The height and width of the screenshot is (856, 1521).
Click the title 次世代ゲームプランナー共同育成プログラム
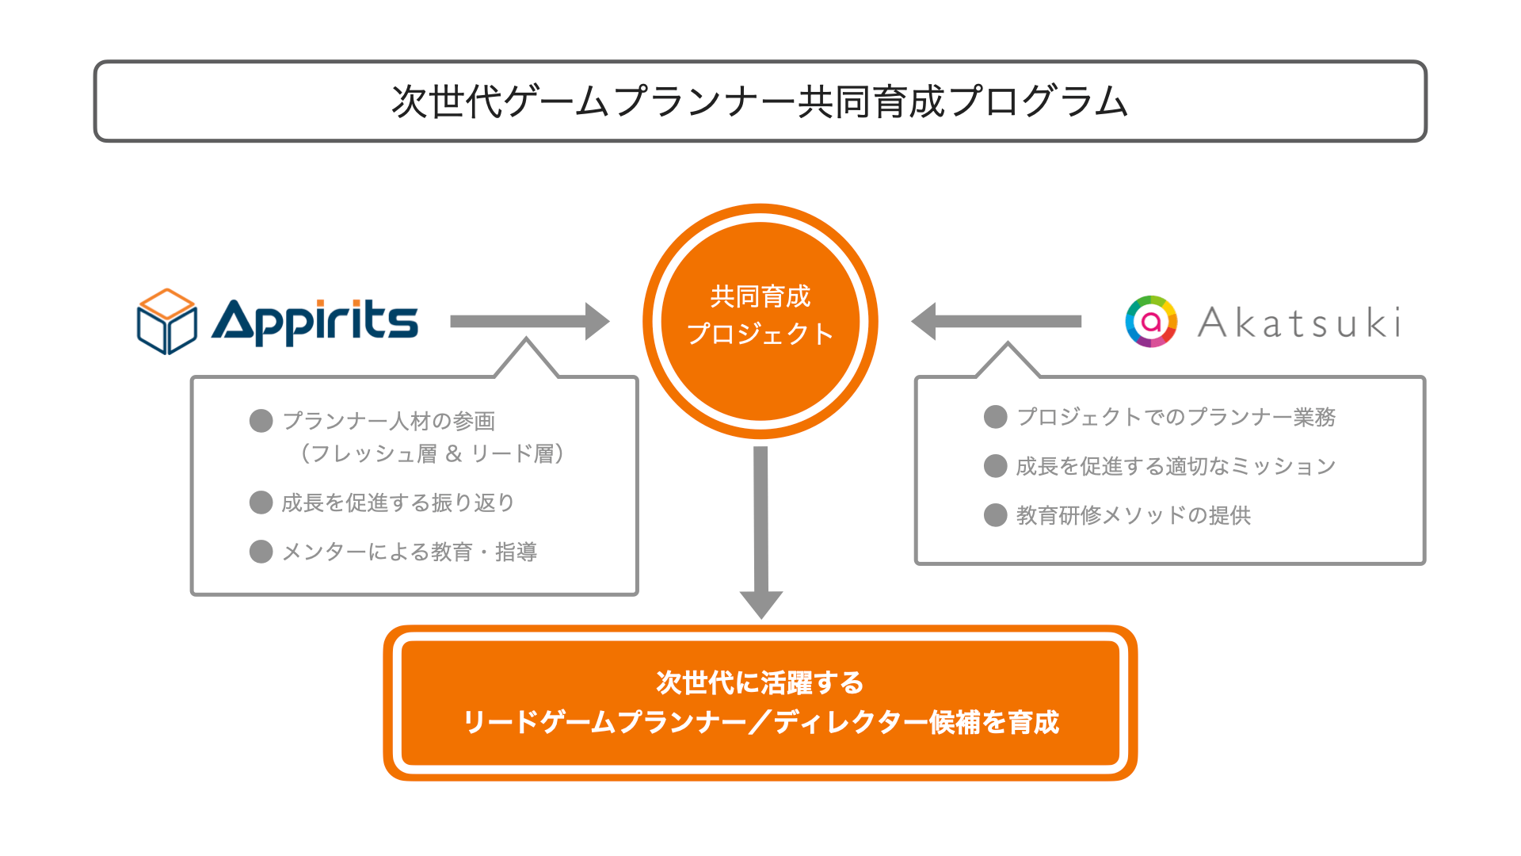coord(760,101)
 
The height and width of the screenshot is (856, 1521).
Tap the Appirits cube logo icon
coord(167,321)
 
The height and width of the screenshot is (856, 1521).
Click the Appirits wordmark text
coord(314,321)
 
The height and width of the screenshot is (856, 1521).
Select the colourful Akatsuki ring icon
coord(1151,321)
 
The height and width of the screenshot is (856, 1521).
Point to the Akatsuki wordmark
coord(1299,323)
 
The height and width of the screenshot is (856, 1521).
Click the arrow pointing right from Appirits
coord(529,321)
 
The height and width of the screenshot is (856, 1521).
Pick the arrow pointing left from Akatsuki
coord(997,321)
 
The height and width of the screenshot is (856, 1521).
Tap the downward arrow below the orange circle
coord(761,531)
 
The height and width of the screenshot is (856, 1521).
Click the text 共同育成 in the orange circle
coord(760,296)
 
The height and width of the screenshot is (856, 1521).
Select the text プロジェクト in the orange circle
coord(760,334)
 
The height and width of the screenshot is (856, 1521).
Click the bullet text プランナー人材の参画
coord(389,421)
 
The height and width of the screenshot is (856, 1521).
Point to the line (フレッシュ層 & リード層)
coord(433,453)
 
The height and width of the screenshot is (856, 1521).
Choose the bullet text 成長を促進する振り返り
coord(398,503)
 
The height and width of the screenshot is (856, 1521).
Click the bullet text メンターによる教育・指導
coord(410,552)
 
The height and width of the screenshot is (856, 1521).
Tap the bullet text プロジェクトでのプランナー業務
coord(1176,417)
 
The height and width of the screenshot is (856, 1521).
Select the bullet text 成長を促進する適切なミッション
coord(1176,466)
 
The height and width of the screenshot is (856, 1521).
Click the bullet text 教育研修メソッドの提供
coord(1134,515)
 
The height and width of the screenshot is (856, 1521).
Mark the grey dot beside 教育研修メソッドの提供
coord(995,515)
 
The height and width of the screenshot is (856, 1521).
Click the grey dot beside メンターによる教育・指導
coord(261,552)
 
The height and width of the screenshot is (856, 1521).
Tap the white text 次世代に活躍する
coord(760,682)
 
